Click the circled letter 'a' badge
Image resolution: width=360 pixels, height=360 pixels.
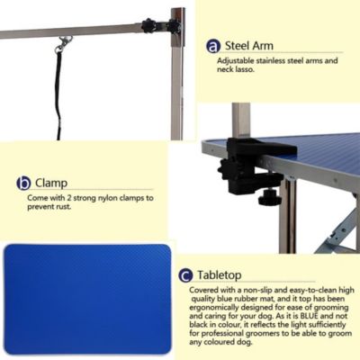(x=213, y=46)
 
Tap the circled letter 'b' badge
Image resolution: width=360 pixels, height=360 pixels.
(x=24, y=183)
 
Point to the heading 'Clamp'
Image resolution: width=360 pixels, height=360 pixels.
(x=53, y=183)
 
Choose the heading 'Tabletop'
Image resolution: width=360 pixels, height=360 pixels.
(x=220, y=275)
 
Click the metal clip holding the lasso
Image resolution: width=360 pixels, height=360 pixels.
(x=62, y=41)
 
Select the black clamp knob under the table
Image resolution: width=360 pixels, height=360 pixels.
(x=270, y=197)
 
